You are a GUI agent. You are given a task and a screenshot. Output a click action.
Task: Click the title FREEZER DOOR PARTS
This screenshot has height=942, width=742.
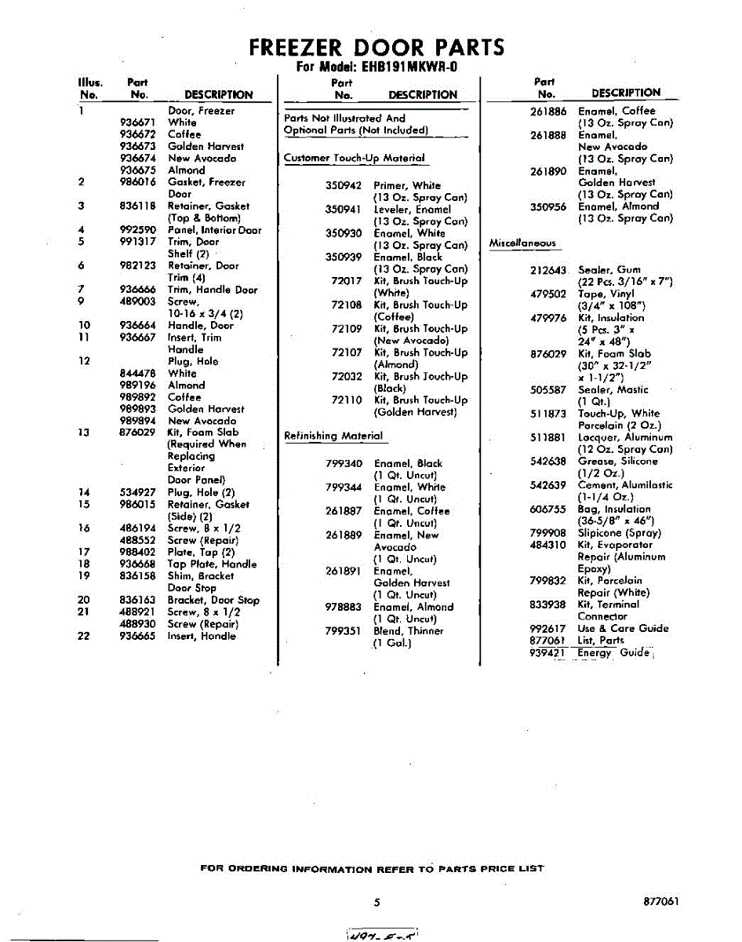[x=376, y=48]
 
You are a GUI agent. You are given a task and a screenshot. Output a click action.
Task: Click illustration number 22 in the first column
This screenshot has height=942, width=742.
[x=84, y=636]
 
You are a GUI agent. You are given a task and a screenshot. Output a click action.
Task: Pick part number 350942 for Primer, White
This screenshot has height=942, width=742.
[x=344, y=186]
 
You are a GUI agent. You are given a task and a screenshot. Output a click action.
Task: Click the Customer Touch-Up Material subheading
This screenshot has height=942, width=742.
[x=355, y=158]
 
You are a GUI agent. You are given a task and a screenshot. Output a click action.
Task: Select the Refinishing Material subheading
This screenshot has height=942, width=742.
[x=333, y=436]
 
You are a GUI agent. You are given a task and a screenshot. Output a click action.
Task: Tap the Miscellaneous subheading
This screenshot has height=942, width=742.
[x=522, y=243]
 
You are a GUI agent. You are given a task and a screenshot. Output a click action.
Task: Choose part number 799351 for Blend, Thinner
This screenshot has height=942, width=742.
[x=344, y=630]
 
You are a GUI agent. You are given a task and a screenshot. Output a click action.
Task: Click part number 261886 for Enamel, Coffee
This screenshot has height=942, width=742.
[x=548, y=111]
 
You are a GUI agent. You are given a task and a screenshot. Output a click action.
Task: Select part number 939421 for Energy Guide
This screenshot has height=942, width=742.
[x=548, y=652]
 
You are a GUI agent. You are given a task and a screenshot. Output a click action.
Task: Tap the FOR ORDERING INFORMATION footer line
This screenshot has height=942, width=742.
[x=372, y=869]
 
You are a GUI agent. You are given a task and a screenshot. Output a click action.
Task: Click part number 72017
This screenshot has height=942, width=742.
[x=347, y=281]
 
